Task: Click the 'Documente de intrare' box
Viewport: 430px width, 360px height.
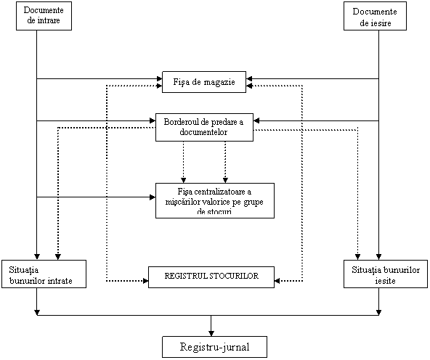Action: click(44, 16)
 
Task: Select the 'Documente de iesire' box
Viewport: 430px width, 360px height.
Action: click(375, 16)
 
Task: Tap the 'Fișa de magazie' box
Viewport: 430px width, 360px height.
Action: click(204, 82)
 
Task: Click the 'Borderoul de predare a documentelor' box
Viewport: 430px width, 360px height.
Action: click(204, 127)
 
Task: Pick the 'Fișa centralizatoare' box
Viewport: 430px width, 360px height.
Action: click(215, 200)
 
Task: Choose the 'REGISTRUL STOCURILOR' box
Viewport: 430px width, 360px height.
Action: click(211, 277)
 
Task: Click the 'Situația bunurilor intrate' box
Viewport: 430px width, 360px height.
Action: click(44, 274)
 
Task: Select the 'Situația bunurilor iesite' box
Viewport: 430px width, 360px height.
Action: click(386, 274)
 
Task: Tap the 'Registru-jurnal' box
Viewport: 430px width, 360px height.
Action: click(214, 347)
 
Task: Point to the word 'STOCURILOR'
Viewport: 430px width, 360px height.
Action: click(234, 276)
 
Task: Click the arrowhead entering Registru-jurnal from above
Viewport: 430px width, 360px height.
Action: click(211, 334)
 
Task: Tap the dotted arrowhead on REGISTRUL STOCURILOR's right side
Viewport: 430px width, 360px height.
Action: click(277, 281)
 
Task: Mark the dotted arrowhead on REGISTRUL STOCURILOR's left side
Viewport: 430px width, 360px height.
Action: click(145, 281)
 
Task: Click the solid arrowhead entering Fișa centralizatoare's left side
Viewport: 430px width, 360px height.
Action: click(153, 197)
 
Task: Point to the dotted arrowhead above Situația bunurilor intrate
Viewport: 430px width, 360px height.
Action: click(58, 257)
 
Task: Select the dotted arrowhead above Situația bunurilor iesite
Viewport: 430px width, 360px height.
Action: click(357, 257)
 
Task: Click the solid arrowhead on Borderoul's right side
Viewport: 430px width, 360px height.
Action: click(256, 120)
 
